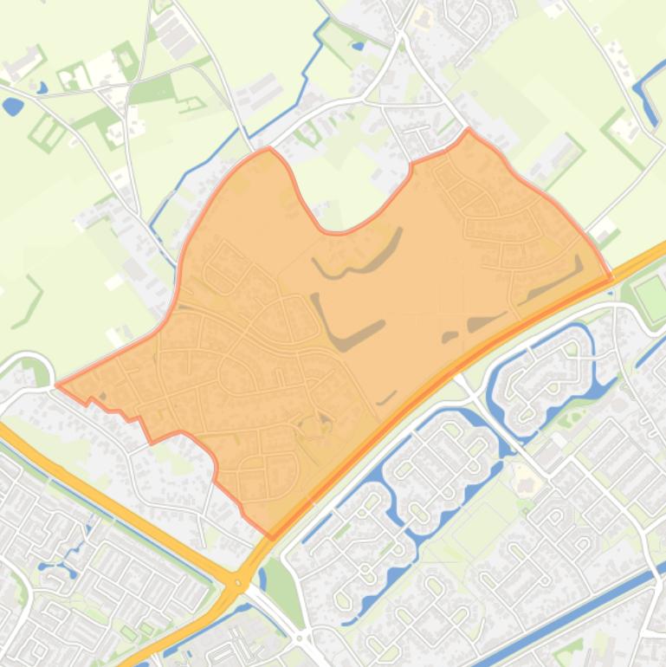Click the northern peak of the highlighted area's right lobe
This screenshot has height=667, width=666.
coord(469,132)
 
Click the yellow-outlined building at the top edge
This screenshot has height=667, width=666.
coord(423,16)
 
